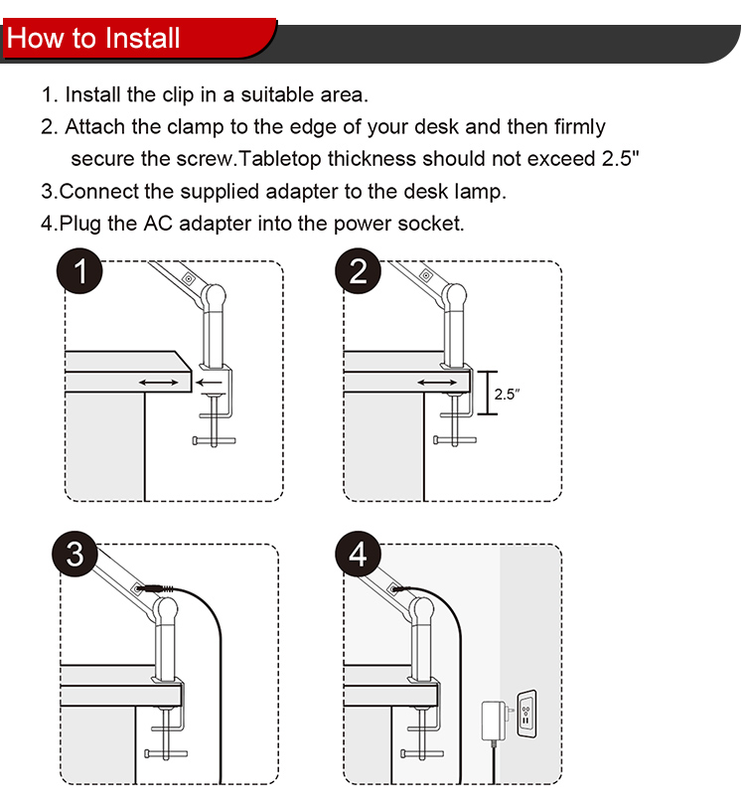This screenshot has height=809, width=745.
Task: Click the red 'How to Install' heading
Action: (93, 38)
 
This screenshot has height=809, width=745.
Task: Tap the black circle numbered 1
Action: (79, 271)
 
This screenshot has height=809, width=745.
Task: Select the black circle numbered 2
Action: (358, 271)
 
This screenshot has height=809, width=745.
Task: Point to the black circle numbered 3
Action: (74, 555)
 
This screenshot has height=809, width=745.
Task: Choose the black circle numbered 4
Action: (358, 555)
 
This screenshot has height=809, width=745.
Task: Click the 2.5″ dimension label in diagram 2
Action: (507, 395)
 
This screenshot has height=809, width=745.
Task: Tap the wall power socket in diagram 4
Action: (526, 714)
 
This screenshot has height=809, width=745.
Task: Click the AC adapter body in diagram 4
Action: (494, 721)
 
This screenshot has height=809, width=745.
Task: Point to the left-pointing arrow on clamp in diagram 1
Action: (210, 383)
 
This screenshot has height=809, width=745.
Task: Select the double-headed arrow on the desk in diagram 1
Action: (158, 383)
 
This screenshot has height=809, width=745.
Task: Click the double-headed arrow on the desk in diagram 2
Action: (437, 383)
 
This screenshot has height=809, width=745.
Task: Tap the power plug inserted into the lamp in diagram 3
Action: (155, 588)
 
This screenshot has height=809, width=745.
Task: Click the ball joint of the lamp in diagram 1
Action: (213, 296)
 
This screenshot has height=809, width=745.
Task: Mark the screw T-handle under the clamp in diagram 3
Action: (166, 753)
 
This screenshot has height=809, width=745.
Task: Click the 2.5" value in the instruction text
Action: (620, 158)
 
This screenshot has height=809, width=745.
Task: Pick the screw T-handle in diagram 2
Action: (455, 440)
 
